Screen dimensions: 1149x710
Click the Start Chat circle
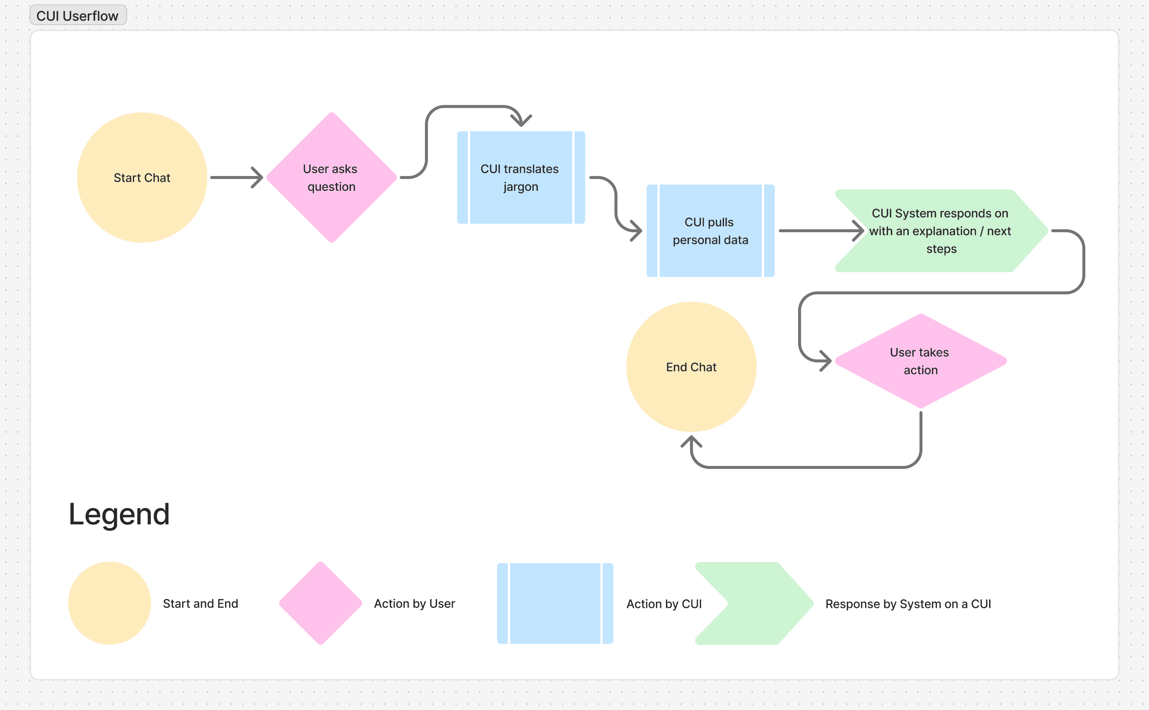click(x=142, y=177)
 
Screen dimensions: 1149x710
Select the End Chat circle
click(x=691, y=367)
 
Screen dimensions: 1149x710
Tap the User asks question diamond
click(x=332, y=177)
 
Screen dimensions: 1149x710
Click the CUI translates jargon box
click(x=521, y=177)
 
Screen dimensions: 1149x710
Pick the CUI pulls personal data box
click(x=711, y=230)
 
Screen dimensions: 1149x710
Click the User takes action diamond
click(x=921, y=361)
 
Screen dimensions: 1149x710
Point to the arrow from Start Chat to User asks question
click(x=237, y=177)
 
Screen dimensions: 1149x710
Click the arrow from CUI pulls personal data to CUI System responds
click(x=821, y=230)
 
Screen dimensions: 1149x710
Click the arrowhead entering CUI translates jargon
click(x=521, y=121)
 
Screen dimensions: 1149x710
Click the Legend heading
click(x=119, y=514)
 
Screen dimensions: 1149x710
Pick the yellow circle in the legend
click(x=110, y=603)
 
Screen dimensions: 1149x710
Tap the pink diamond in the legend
click(x=321, y=603)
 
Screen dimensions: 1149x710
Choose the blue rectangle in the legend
click(x=555, y=603)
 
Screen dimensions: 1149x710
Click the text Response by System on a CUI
click(x=908, y=604)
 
